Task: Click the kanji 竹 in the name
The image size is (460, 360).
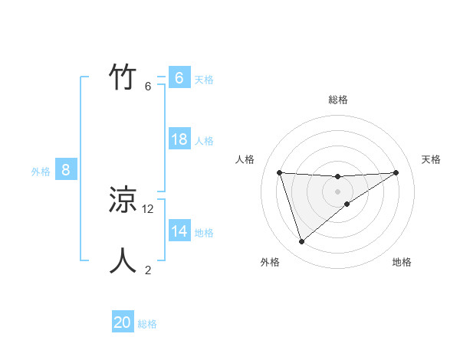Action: click(x=123, y=78)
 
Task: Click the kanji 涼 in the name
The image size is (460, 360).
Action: click(x=123, y=201)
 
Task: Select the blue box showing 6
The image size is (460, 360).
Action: click(x=179, y=78)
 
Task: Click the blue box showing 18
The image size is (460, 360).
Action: click(x=179, y=139)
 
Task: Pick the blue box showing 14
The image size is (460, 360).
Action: click(x=179, y=231)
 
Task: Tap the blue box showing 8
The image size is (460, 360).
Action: click(x=66, y=170)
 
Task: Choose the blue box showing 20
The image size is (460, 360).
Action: click(x=123, y=322)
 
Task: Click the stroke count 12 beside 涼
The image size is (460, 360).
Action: click(x=148, y=208)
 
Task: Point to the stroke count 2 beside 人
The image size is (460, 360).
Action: click(x=148, y=270)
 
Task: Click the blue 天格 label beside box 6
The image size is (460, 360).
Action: click(x=204, y=79)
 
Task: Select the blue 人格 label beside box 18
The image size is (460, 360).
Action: click(x=204, y=141)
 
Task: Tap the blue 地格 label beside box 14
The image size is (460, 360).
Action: click(x=204, y=233)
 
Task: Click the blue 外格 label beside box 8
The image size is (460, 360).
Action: click(x=41, y=172)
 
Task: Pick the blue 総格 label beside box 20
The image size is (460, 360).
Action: click(x=147, y=324)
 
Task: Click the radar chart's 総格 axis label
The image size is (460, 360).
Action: click(x=338, y=100)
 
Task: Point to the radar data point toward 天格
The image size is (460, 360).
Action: click(x=396, y=172)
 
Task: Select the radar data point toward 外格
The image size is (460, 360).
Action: click(x=301, y=242)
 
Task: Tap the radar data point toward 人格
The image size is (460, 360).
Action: click(x=280, y=172)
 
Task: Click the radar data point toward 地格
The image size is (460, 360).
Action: click(x=347, y=204)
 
